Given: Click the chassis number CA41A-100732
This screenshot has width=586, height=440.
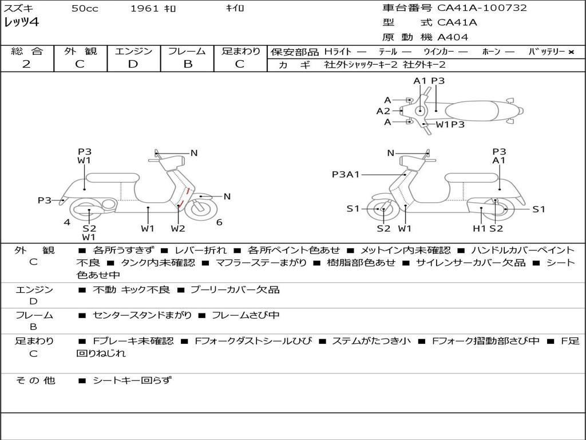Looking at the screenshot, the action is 482,8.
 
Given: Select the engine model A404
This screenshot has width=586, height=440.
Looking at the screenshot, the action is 453,37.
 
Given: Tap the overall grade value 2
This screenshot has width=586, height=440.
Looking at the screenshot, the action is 26,64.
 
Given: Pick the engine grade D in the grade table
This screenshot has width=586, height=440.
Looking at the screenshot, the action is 133,64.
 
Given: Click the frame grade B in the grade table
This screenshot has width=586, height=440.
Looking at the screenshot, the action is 188,64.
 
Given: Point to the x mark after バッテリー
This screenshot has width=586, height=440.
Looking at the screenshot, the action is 571,52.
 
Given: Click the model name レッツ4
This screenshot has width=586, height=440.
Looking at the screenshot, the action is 21,22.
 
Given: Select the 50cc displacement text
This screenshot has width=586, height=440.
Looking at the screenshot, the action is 85,8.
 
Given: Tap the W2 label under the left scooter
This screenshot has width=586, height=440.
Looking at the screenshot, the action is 178,228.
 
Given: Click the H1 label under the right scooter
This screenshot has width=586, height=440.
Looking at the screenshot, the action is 479,228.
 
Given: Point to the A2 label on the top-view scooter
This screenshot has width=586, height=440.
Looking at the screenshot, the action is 383,111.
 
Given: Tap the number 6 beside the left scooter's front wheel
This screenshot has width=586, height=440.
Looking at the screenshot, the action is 219,222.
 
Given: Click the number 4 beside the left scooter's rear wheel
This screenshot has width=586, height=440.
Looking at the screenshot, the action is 67,222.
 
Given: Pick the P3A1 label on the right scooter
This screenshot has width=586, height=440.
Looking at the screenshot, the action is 346,174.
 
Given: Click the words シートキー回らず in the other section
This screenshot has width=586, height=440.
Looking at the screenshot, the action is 132,380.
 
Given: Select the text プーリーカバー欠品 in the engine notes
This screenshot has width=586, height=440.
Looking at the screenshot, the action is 235,289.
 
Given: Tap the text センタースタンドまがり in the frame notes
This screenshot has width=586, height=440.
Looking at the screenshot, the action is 142,316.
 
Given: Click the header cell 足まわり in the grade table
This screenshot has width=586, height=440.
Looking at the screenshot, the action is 241,51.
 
